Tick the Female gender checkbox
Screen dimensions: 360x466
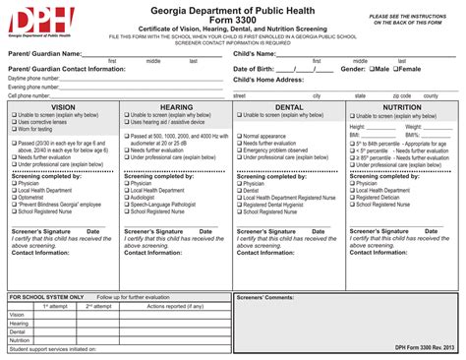[396, 70]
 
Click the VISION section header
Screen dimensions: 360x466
[63, 105]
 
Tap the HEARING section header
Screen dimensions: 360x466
[176, 105]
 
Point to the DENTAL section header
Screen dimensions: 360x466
[289, 105]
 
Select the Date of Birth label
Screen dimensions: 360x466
[262, 70]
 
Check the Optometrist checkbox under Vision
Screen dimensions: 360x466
[15, 196]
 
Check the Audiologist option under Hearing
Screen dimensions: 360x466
[126, 196]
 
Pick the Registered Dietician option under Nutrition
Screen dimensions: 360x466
[351, 196]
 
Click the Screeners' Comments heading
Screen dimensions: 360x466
[265, 296]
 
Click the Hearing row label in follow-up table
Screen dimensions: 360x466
[19, 322]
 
